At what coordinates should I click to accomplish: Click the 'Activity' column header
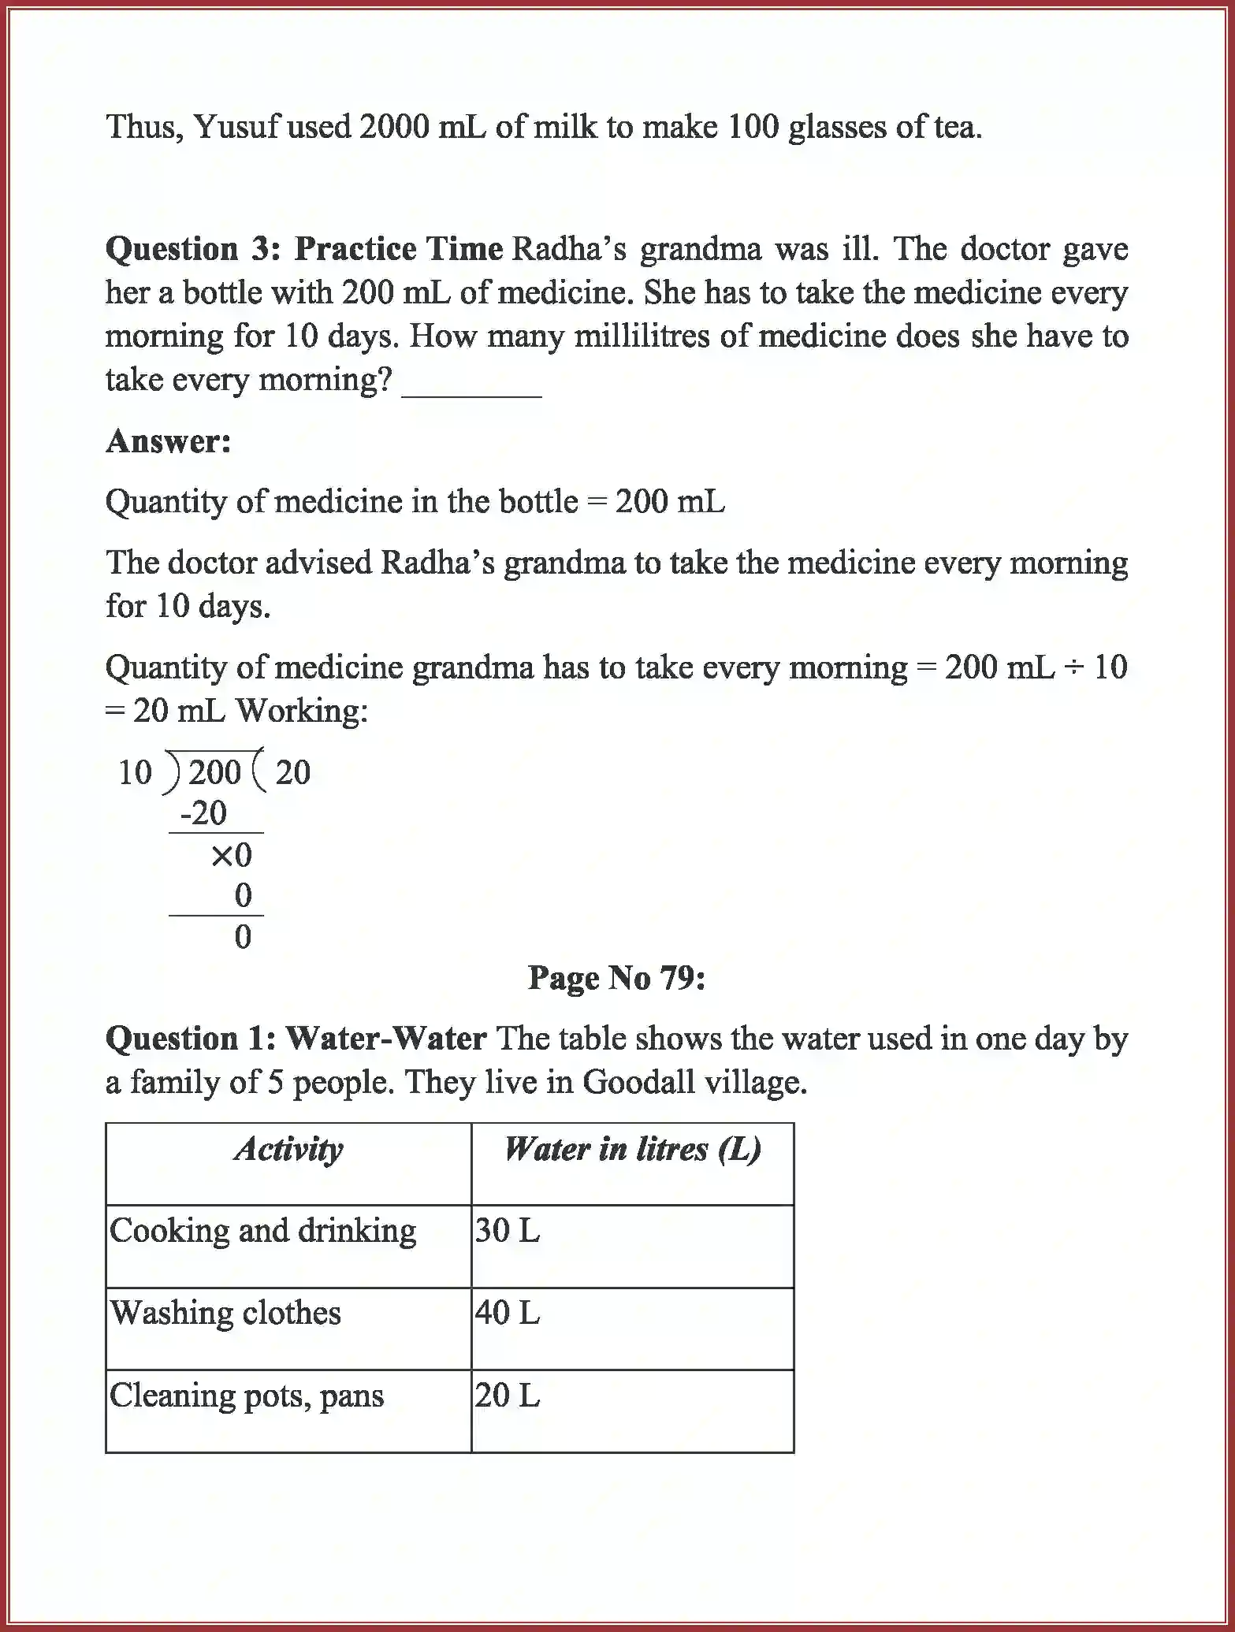288,1149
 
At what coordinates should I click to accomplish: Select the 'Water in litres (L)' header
632,1149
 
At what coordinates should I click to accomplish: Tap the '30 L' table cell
508,1231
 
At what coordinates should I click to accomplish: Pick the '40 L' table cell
508,1313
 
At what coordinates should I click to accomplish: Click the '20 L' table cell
508,1396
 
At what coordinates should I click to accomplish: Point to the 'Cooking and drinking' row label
262,1231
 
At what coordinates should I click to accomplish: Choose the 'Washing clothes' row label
225,1313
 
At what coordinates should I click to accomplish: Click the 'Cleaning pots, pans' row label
247,1396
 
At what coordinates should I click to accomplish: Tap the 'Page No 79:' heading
616,978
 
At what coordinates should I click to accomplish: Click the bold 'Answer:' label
169,441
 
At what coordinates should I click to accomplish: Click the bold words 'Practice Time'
399,249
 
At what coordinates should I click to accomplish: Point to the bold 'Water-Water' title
385,1038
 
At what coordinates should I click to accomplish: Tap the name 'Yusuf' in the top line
236,126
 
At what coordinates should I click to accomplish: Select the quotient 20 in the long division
293,772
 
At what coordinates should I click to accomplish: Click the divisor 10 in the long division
135,772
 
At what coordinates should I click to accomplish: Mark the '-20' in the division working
204,813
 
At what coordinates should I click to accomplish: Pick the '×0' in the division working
232,855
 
